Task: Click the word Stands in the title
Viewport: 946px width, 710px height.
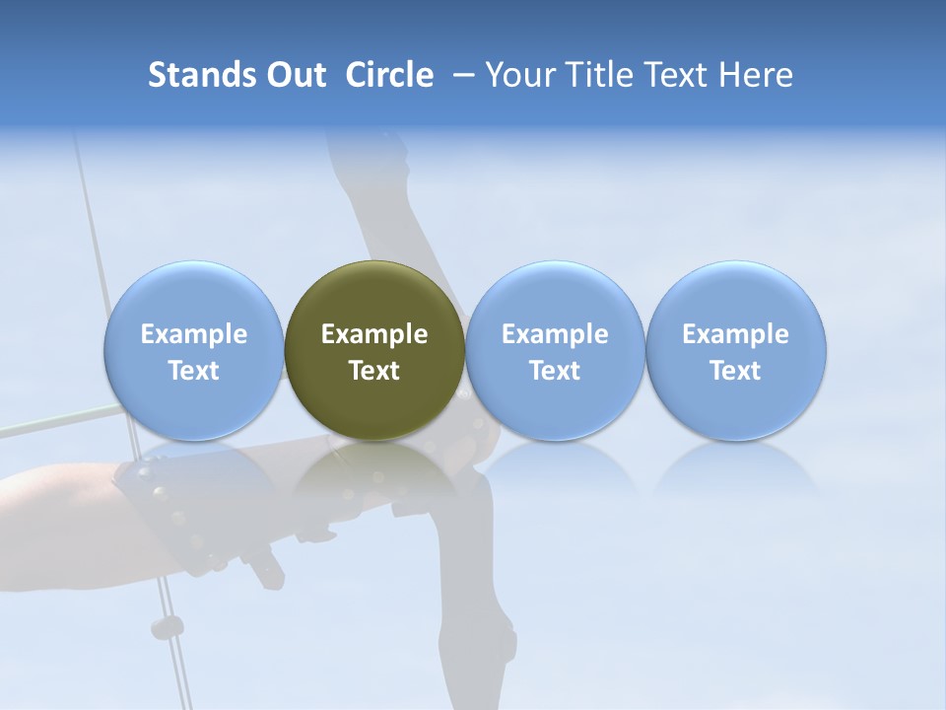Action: tap(202, 75)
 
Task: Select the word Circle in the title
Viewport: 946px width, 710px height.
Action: tap(389, 75)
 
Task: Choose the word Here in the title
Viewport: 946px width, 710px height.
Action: tap(756, 75)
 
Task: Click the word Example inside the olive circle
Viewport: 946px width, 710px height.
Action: tap(374, 334)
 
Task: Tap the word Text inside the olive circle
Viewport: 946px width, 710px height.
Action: tap(374, 371)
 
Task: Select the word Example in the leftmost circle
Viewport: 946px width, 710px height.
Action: tap(193, 334)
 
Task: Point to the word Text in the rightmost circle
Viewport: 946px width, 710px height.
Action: tap(736, 371)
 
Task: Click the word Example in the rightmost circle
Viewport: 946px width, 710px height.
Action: tap(736, 334)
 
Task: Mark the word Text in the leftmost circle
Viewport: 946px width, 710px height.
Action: tap(193, 371)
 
